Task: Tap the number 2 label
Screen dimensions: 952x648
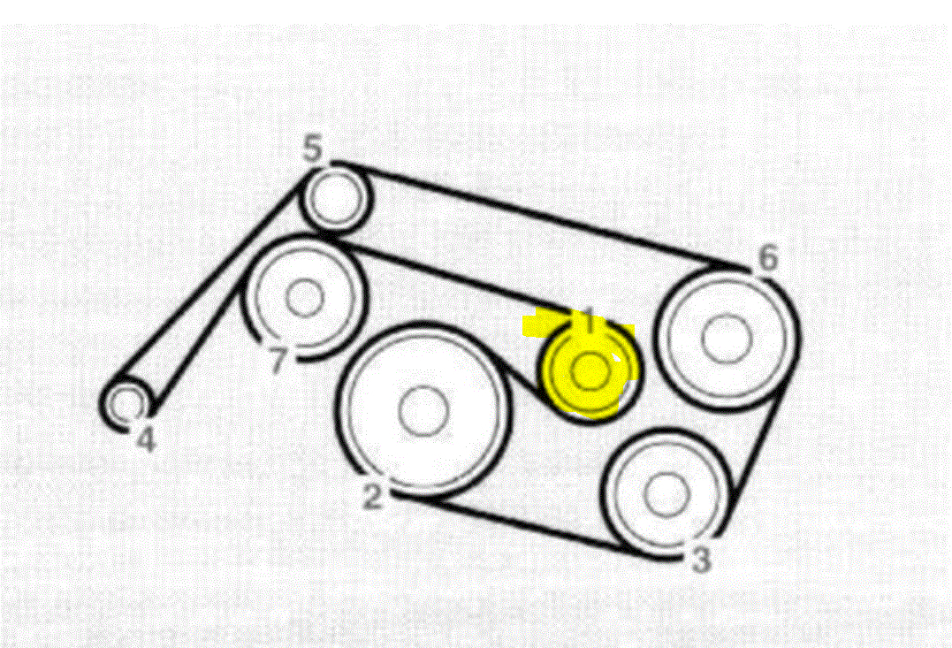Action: tap(373, 496)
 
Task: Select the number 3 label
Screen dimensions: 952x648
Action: tap(700, 560)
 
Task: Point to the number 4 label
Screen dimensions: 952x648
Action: tap(146, 438)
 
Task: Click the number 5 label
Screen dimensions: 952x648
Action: tap(314, 149)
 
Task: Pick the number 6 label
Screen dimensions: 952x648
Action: tap(768, 258)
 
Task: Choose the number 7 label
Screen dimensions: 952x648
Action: tap(278, 361)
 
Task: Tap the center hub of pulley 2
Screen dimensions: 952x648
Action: tap(423, 411)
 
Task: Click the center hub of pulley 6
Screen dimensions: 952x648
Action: tap(727, 339)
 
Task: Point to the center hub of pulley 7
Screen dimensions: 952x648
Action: tap(306, 299)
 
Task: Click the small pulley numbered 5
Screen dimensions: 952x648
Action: tap(336, 200)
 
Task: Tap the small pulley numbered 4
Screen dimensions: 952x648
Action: tap(126, 403)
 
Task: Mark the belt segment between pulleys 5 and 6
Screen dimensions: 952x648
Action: tap(539, 215)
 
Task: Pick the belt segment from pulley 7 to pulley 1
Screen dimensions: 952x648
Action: tap(451, 276)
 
